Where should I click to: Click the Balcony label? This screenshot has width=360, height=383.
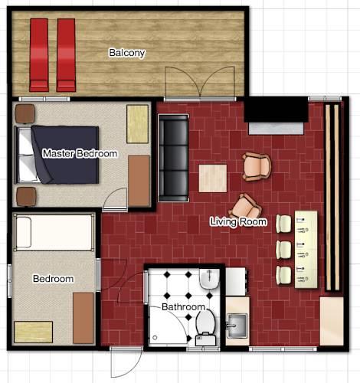pos(126,53)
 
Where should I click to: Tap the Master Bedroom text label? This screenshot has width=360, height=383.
pos(80,154)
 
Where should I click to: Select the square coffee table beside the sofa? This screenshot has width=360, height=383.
pos(213,178)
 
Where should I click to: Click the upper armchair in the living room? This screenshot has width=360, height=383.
pos(257,165)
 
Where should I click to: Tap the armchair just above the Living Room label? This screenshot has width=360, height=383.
pos(246,205)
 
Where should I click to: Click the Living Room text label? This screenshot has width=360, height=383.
pos(238,222)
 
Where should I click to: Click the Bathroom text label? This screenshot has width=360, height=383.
pos(183,307)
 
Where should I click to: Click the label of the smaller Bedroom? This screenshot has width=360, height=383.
pos(53,279)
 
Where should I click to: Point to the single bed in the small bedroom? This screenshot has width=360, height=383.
pos(54,231)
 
